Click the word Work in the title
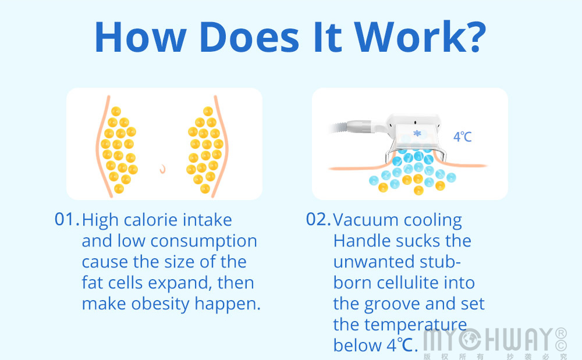coord(409,37)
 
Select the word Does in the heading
coord(249,37)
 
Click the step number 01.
coord(67,219)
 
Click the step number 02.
coord(318,219)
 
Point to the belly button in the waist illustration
coord(162,169)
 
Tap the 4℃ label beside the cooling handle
coord(462,137)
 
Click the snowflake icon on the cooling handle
coord(417,133)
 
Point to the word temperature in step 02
coord(416,326)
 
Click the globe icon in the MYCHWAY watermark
coord(470,339)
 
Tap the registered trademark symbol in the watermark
coord(561,333)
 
